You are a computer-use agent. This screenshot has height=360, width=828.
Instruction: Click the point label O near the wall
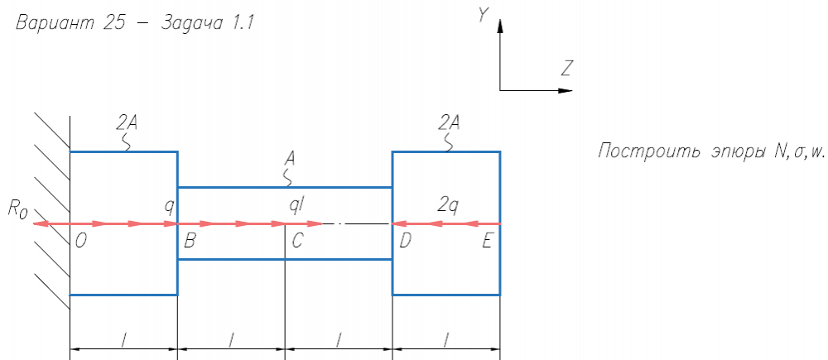point(80,242)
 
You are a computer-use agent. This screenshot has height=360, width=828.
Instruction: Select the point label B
point(190,242)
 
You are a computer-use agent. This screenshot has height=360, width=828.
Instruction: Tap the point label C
point(297,242)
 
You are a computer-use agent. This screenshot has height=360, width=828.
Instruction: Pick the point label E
point(488,242)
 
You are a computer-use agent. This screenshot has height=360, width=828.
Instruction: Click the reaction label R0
point(18,209)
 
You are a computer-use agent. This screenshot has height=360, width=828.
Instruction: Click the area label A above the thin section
point(289,156)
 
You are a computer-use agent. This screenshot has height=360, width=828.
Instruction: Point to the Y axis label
point(482,15)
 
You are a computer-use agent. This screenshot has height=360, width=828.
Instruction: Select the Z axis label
point(567,68)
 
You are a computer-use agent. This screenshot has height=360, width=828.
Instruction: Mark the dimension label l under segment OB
point(123,339)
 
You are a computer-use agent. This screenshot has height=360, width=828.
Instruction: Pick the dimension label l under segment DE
point(446,339)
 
